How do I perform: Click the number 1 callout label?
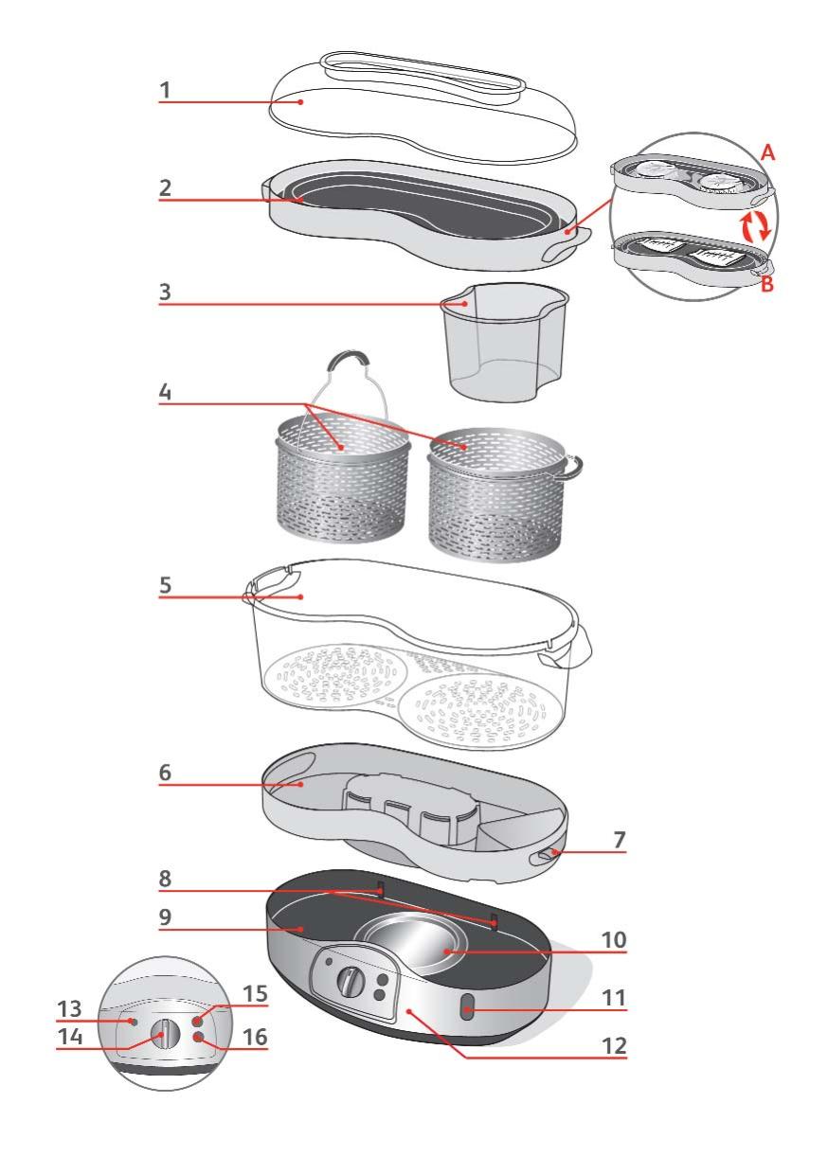click(x=165, y=90)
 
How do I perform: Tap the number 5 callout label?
click(x=165, y=585)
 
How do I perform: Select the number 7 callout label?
click(x=620, y=840)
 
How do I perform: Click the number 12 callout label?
click(x=615, y=1046)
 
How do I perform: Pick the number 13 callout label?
click(x=69, y=1009)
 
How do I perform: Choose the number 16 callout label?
click(x=255, y=1038)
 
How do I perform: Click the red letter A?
click(x=767, y=153)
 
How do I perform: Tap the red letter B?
click(x=766, y=284)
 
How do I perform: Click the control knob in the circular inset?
click(x=165, y=1034)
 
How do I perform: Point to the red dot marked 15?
click(x=197, y=1022)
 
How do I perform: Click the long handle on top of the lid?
click(x=423, y=76)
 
